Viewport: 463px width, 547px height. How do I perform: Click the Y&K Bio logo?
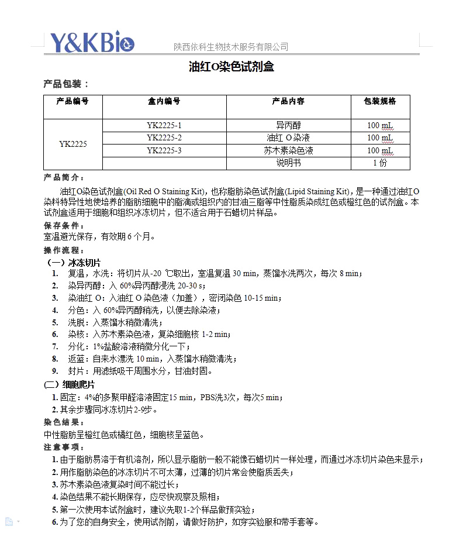[x=92, y=42]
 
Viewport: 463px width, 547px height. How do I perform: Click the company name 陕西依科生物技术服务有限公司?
[x=231, y=47]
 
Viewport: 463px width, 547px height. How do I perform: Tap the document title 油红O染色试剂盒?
[x=231, y=67]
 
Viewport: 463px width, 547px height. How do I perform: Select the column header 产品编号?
[x=72, y=101]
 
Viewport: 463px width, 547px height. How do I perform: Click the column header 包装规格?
[x=380, y=101]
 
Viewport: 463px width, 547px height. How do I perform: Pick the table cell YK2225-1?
[x=164, y=125]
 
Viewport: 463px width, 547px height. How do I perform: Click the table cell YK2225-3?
[x=164, y=150]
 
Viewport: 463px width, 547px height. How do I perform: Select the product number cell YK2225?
[x=73, y=144]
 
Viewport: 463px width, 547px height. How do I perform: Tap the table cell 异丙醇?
[x=288, y=125]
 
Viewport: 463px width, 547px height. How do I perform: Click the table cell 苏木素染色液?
[x=288, y=150]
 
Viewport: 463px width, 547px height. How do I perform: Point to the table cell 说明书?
[x=288, y=163]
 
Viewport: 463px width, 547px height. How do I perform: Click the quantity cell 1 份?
[x=380, y=163]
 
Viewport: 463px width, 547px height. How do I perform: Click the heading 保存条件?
[x=64, y=226]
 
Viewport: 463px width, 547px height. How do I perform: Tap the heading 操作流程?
[x=64, y=250]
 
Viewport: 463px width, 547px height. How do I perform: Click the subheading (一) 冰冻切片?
[x=73, y=263]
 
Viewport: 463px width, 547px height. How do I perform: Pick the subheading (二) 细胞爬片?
[x=70, y=384]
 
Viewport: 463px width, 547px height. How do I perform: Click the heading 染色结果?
[x=64, y=422]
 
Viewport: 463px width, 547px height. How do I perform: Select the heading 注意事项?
[x=64, y=447]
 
